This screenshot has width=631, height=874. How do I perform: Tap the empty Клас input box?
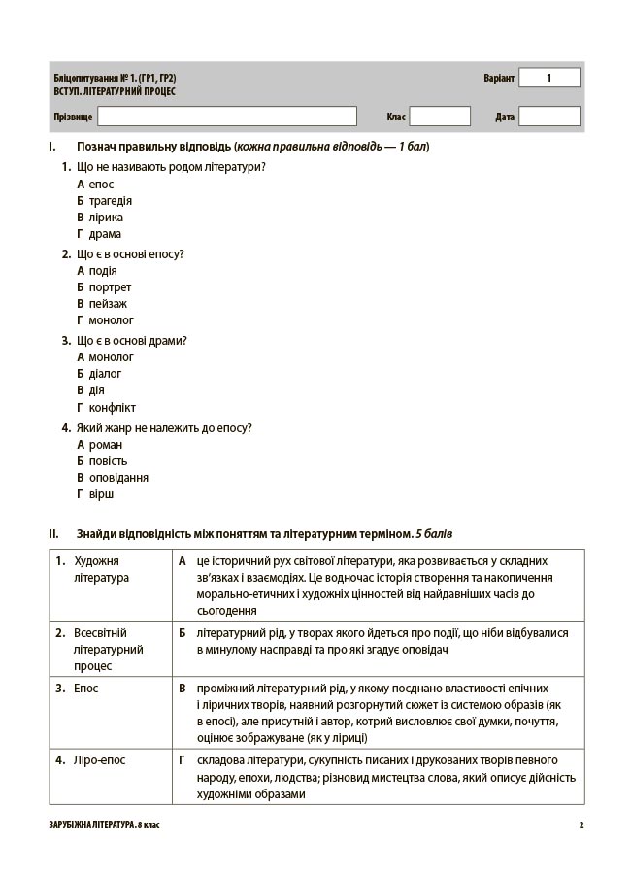(x=439, y=117)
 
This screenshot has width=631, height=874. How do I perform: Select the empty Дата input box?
(x=548, y=117)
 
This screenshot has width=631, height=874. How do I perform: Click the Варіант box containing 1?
(x=548, y=78)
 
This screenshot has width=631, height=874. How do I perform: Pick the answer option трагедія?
(x=110, y=201)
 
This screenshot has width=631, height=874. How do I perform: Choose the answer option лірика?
(x=106, y=218)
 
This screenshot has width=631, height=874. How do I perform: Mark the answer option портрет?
(x=110, y=287)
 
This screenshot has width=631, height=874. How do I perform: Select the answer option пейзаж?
(x=108, y=304)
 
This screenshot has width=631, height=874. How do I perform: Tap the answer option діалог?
(x=105, y=374)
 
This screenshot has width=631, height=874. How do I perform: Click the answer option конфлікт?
(x=112, y=407)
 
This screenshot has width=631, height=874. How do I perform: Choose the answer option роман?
(x=105, y=445)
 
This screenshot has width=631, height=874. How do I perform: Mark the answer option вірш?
(x=101, y=494)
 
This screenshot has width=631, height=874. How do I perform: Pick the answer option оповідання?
(x=118, y=478)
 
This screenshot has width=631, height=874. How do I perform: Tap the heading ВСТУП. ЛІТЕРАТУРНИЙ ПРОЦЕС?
(x=116, y=91)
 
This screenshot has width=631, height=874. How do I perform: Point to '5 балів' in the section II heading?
(x=433, y=534)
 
